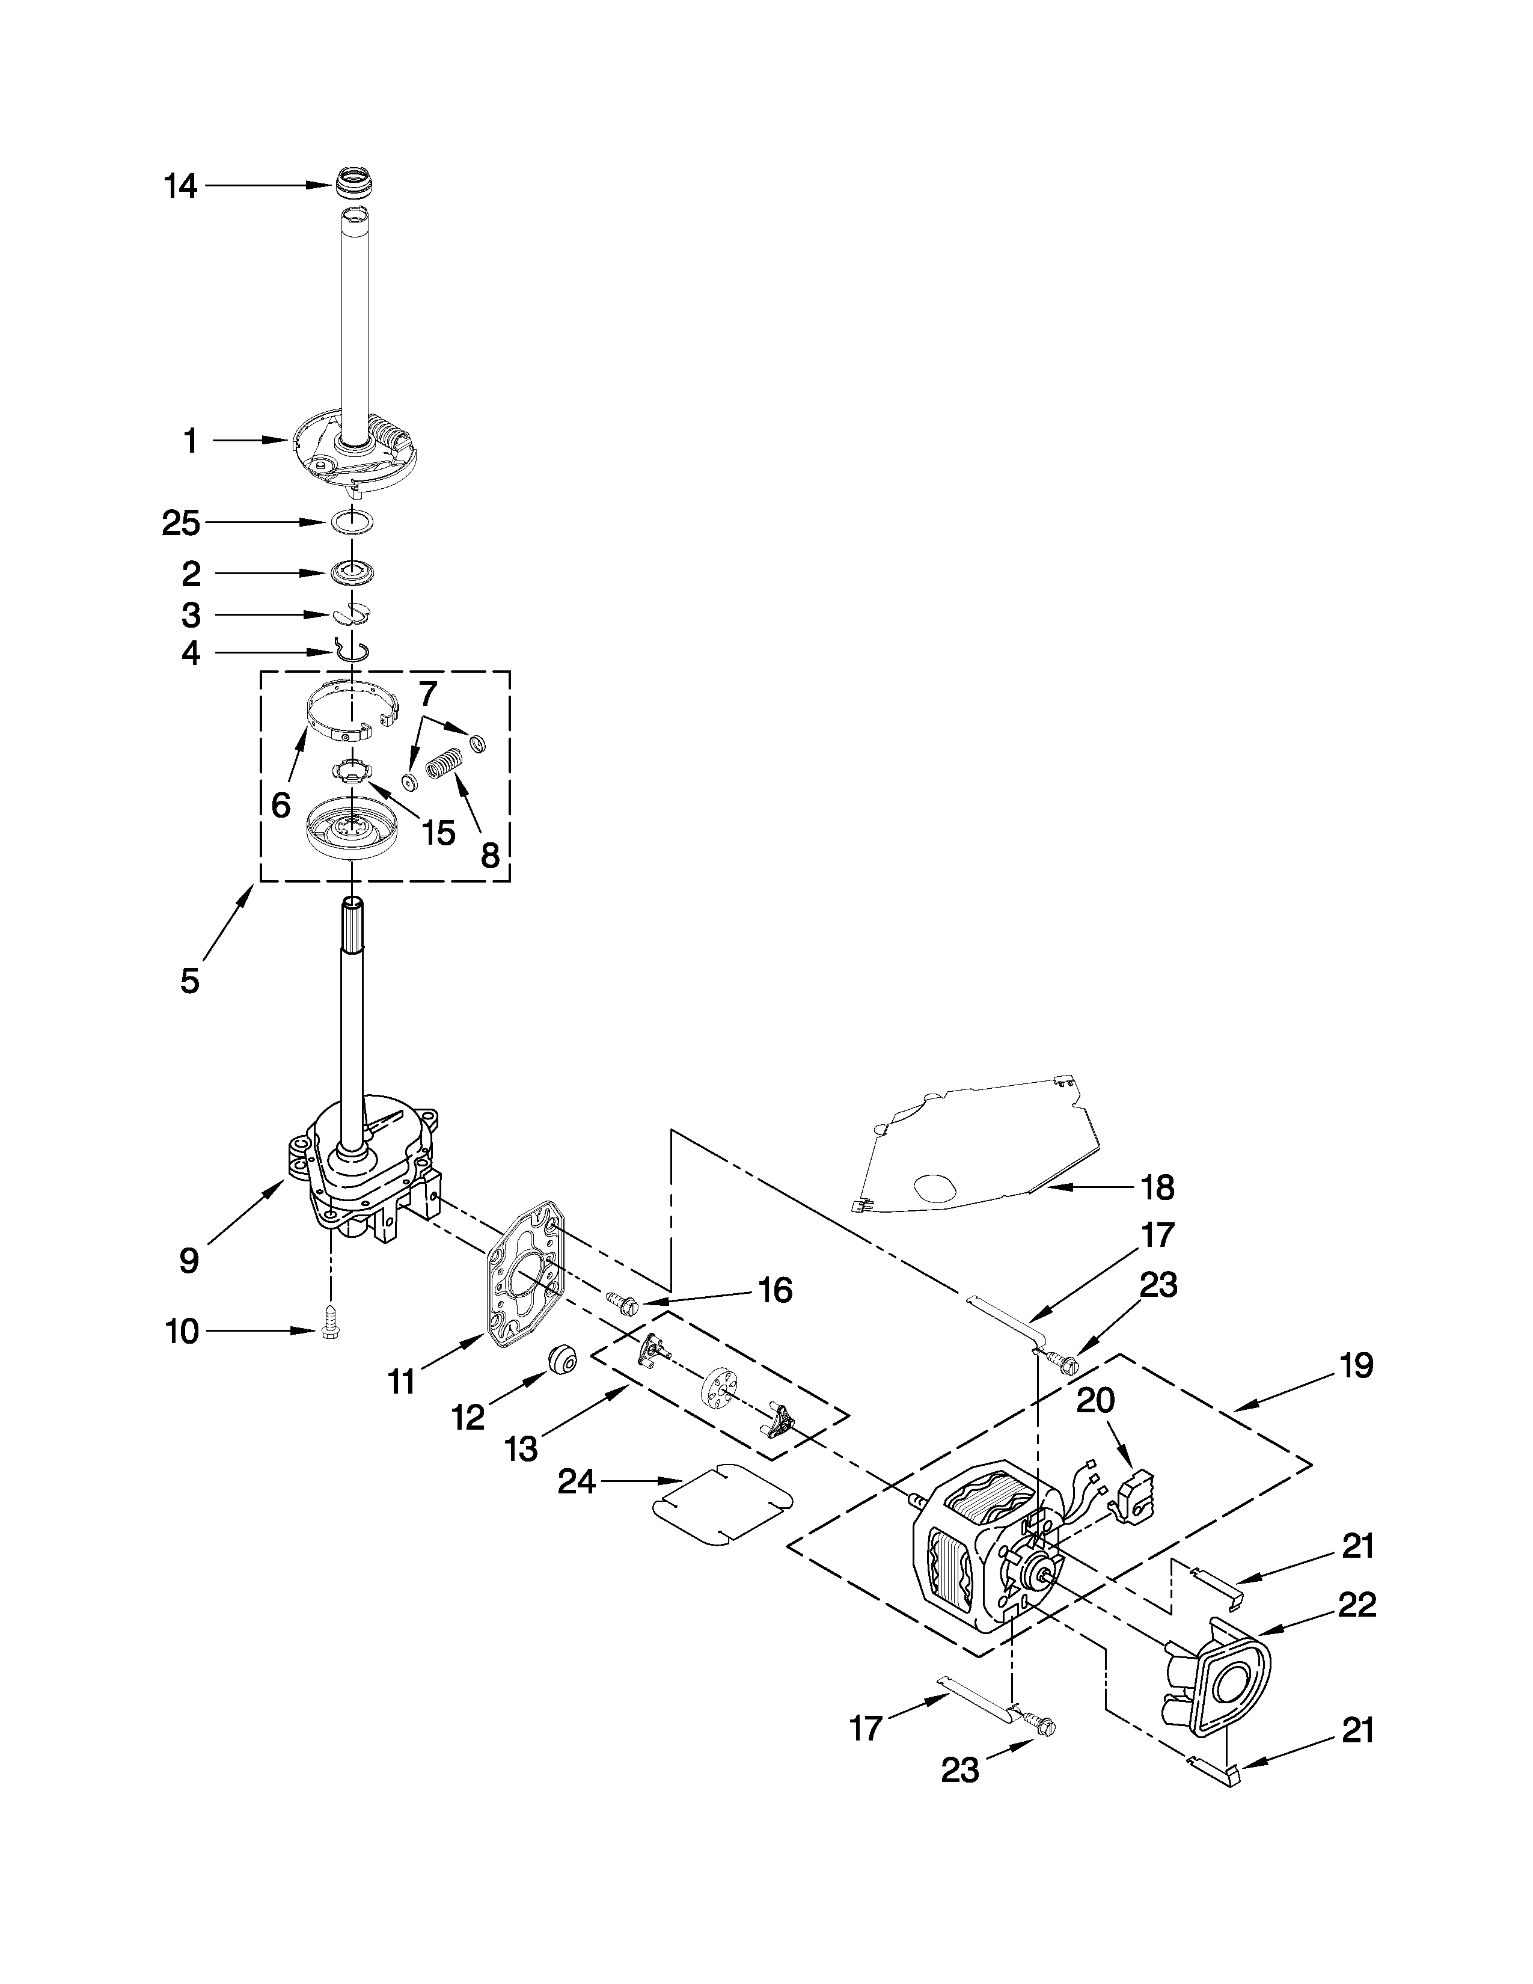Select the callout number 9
(189, 1260)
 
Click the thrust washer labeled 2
(352, 573)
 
